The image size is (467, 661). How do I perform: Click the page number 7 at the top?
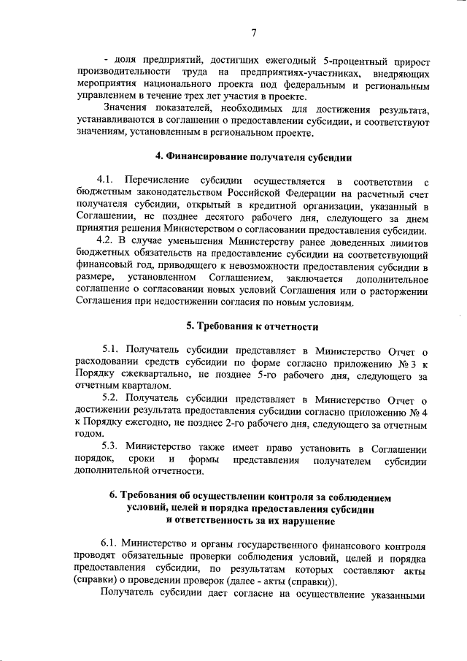click(x=253, y=32)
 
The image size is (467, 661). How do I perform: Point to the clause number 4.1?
click(x=107, y=180)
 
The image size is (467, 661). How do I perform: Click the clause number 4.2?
click(x=107, y=240)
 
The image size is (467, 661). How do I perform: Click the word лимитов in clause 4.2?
click(x=406, y=240)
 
